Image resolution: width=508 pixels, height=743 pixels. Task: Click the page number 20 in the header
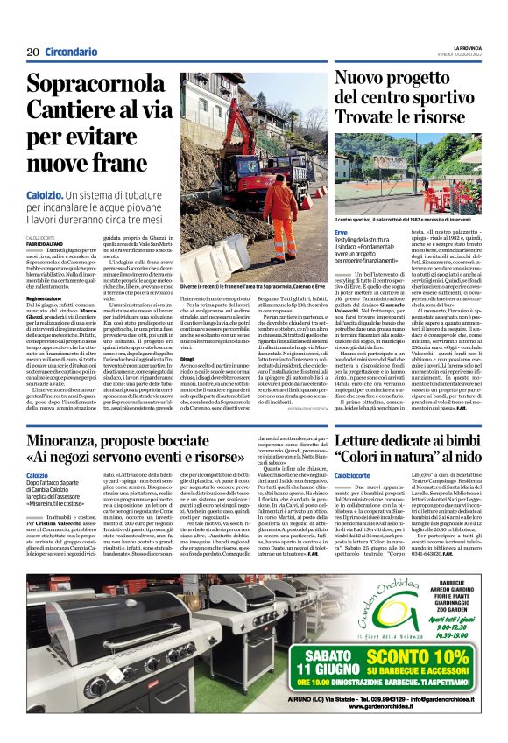coord(32,52)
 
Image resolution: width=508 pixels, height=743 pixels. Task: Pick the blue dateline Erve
coord(341,232)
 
